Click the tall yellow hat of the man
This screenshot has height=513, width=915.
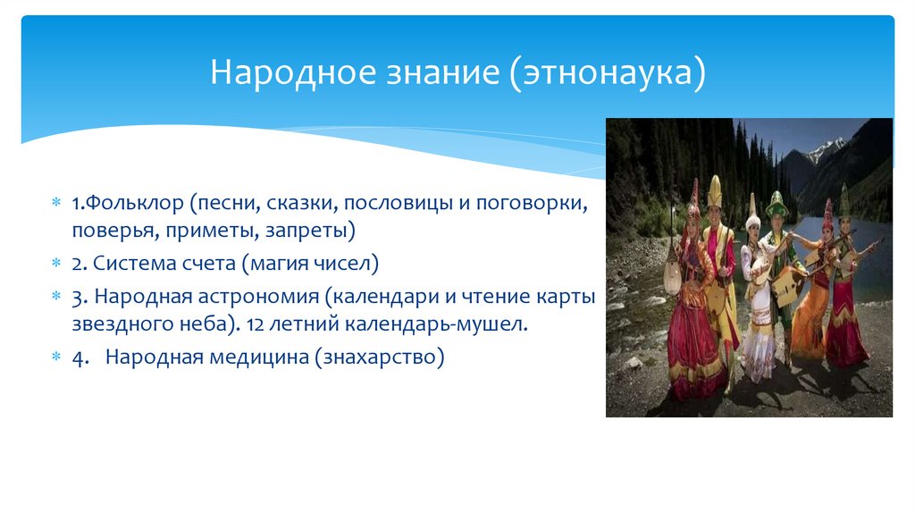click(715, 189)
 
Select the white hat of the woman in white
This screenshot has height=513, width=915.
click(752, 207)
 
